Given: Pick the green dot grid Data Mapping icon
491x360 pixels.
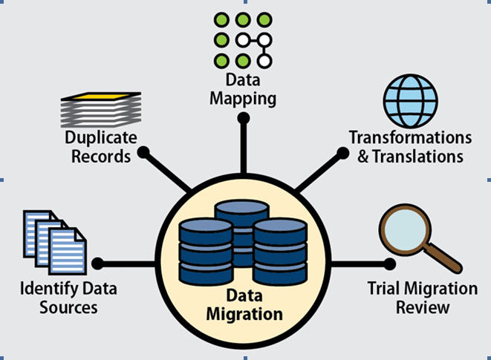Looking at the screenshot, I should (242, 39).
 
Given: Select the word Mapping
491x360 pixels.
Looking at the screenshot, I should (242, 97).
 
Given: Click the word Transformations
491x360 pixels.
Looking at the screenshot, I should (410, 139).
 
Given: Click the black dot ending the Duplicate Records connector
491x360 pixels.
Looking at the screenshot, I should (143, 152).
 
